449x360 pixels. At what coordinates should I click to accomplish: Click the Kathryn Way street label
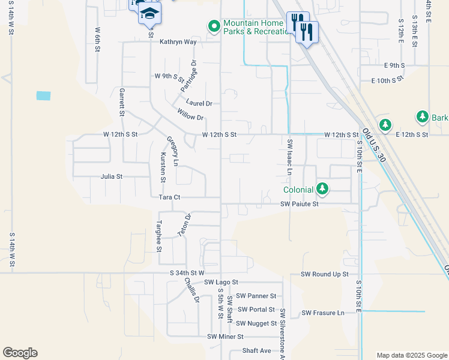[178, 42]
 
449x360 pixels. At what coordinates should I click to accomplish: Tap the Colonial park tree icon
[323, 190]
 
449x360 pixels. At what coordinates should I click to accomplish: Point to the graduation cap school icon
[149, 13]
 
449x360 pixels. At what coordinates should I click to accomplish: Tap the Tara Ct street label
[169, 197]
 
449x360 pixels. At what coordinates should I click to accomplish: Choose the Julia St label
[112, 177]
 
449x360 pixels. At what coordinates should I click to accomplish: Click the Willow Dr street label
[191, 113]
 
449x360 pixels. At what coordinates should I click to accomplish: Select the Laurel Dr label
[199, 103]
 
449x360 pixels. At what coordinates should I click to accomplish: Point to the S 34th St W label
[187, 273]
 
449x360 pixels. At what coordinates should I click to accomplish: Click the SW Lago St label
[221, 282]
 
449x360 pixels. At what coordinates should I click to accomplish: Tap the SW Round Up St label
[324, 274]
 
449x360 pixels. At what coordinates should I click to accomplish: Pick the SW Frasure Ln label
[323, 313]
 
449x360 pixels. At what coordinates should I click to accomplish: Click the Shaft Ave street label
[257, 351]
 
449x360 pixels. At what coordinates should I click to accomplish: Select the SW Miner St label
[225, 337]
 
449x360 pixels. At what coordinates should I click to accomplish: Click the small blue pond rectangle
[43, 95]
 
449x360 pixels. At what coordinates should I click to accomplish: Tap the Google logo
[20, 353]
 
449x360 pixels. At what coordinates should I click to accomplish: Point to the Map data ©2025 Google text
[411, 355]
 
